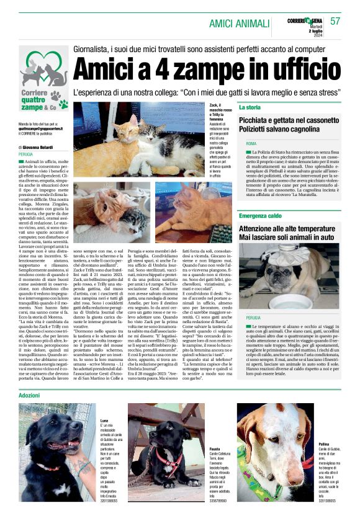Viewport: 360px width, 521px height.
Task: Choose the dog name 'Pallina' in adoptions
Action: [324, 462]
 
